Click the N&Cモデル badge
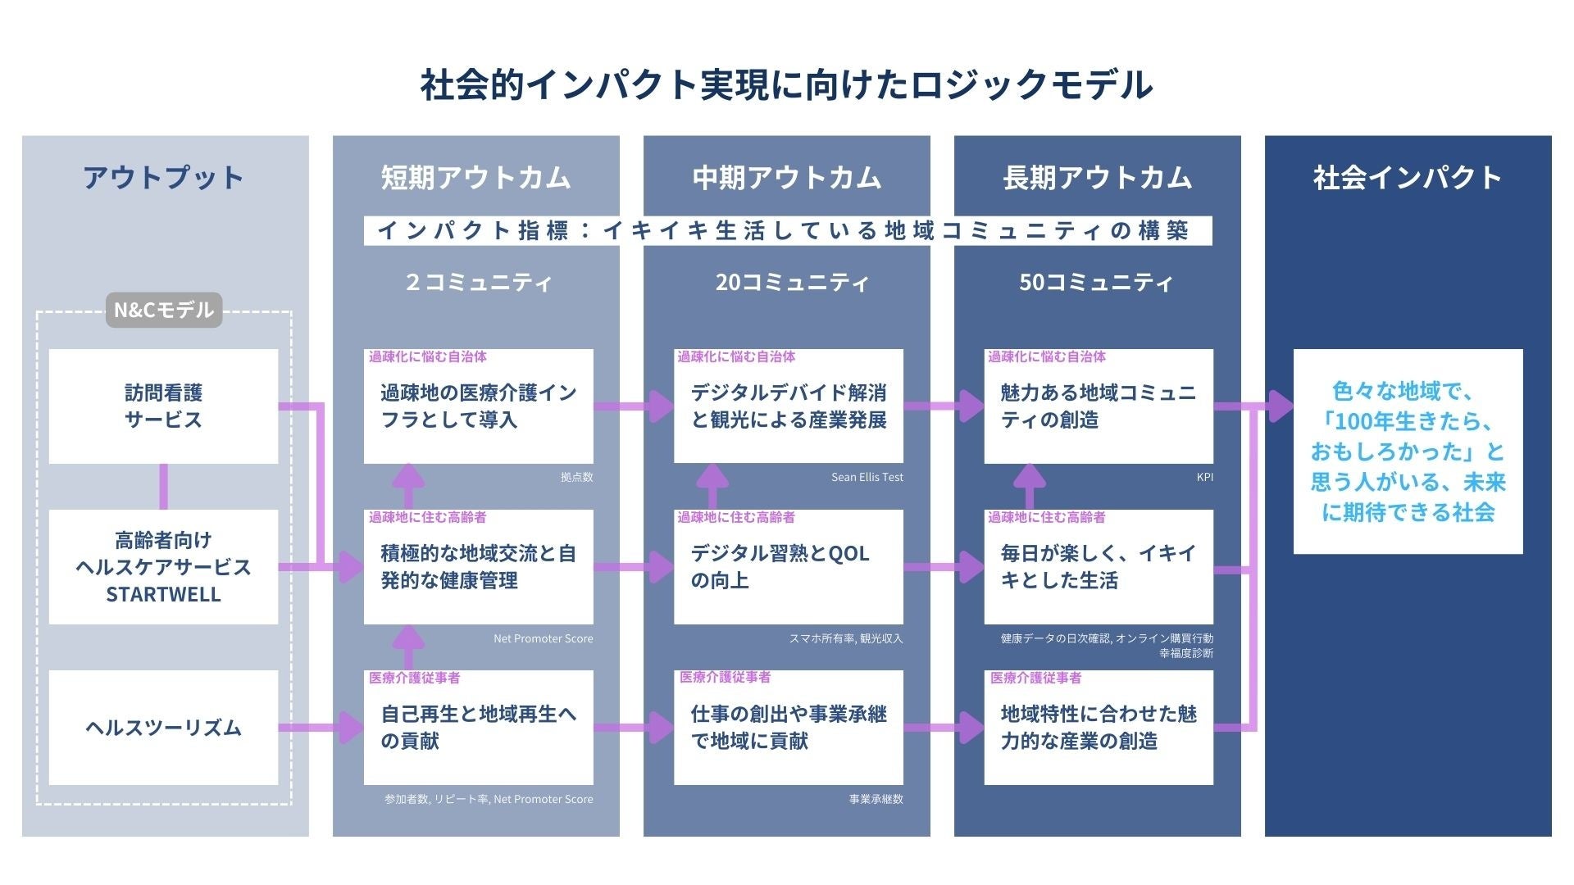164,310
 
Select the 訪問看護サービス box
163,406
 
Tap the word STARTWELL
163,595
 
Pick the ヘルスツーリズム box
163,728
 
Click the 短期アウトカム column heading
475,178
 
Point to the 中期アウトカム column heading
786,178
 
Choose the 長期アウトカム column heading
1097,178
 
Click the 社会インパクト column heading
1408,178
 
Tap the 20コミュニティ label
792,283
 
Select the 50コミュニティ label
1096,283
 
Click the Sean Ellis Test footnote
867,477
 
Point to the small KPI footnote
1204,477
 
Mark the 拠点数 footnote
576,477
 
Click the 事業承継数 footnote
876,799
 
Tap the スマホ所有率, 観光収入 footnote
845,638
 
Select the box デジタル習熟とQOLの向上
788,567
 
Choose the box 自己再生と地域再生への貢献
478,728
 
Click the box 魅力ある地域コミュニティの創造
1099,406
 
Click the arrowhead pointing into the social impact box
1280,406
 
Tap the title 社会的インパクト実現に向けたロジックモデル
786,84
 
